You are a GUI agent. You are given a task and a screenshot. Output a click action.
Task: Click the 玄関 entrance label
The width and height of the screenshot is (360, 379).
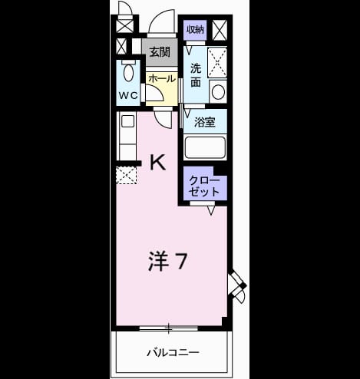pyautogui.click(x=160, y=52)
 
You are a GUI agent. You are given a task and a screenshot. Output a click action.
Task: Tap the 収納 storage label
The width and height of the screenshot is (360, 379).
pyautogui.click(x=195, y=30)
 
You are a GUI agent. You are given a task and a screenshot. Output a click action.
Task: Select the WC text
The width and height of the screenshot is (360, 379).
pyautogui.click(x=128, y=96)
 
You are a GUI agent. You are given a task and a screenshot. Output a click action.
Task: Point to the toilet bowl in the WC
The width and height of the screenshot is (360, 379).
pyautogui.click(x=128, y=71)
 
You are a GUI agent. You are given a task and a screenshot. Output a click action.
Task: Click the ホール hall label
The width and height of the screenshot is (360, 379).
pyautogui.click(x=162, y=78)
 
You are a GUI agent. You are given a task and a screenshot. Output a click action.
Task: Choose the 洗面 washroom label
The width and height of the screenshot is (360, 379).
pyautogui.click(x=196, y=75)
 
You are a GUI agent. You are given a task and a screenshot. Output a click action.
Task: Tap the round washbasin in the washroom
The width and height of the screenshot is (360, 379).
pyautogui.click(x=218, y=92)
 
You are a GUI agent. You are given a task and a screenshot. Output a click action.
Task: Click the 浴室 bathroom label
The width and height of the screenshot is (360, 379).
pyautogui.click(x=205, y=122)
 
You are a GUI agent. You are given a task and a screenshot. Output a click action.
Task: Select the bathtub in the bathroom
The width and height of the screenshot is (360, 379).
pyautogui.click(x=205, y=147)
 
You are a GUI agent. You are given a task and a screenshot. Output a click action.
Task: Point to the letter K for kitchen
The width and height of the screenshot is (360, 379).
pyautogui.click(x=157, y=163)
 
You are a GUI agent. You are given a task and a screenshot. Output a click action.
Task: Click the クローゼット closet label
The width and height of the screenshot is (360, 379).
pyautogui.click(x=204, y=186)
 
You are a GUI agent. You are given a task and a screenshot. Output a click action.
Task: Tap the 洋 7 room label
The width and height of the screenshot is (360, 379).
pyautogui.click(x=168, y=261)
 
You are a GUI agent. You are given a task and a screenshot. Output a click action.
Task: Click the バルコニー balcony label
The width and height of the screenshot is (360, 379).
pyautogui.click(x=173, y=353)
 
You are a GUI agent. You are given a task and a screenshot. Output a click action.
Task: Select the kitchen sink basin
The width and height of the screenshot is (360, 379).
pyautogui.click(x=128, y=121)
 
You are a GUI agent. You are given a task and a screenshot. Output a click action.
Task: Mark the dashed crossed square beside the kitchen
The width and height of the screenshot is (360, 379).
pyautogui.click(x=126, y=175)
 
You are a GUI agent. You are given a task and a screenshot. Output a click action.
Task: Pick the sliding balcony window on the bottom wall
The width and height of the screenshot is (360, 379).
pyautogui.click(x=169, y=328)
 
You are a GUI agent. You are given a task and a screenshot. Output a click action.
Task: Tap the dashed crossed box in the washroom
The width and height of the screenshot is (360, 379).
pyautogui.click(x=217, y=62)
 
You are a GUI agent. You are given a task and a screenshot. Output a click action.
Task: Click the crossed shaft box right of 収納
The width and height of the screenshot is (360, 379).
pyautogui.click(x=220, y=30)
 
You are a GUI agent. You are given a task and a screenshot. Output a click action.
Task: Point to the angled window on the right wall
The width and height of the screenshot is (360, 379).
pyautogui.click(x=237, y=285)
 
